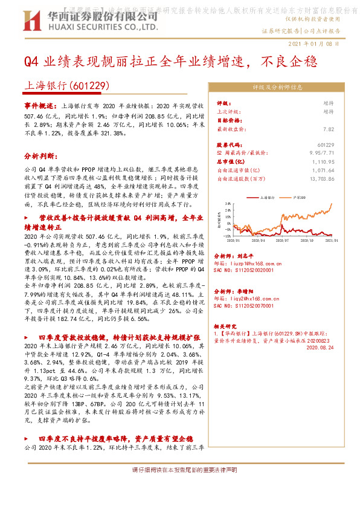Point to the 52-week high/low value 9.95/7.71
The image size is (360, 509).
pyautogui.click(x=339, y=154)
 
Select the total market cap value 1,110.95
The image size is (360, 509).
pyautogui.click(x=341, y=162)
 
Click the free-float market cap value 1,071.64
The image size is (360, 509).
pyautogui.click(x=341, y=170)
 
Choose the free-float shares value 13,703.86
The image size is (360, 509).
pyautogui.click(x=339, y=179)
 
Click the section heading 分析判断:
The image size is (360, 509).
pyautogui.click(x=39, y=155)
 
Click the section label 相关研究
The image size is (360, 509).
pyautogui.click(x=226, y=325)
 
